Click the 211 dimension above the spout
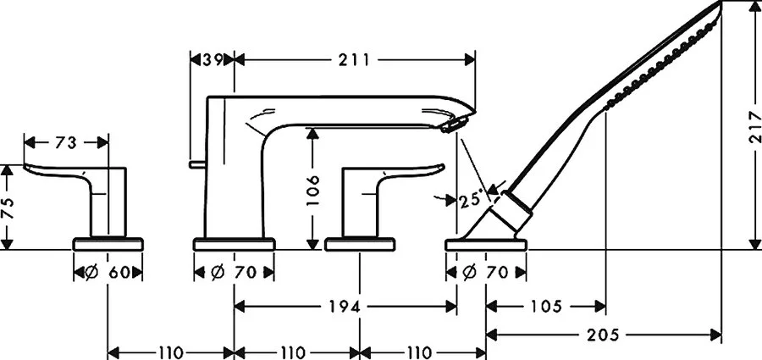point(354,59)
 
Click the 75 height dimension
point(8,208)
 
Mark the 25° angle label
point(471,200)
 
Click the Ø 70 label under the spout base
point(234,273)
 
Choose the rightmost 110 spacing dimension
point(422,351)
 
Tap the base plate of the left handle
point(108,244)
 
